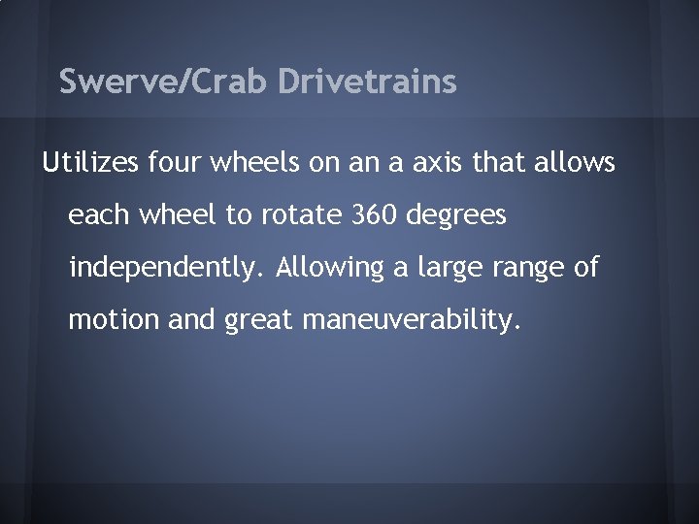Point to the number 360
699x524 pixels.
coord(366,215)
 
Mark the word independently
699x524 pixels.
coord(166,268)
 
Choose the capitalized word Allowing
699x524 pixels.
coord(327,268)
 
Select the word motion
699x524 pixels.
coord(104,319)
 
